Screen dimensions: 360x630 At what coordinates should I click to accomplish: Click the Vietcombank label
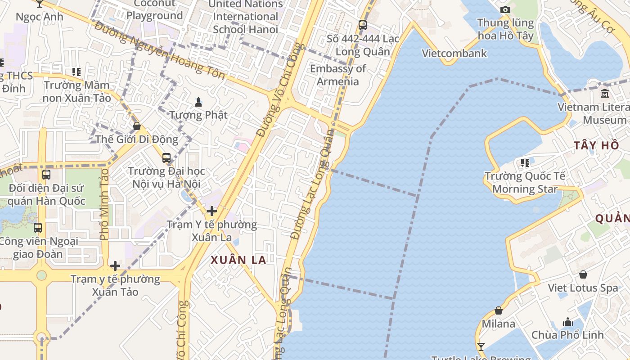point(454,54)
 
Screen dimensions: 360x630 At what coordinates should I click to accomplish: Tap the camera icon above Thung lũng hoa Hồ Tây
point(505,9)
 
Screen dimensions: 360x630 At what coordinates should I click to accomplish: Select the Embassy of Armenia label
point(338,75)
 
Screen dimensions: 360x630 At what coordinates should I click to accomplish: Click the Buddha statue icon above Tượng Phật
point(198,102)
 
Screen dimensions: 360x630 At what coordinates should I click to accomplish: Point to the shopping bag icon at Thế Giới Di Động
point(137,126)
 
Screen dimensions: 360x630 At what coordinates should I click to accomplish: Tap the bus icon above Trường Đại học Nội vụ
point(166,158)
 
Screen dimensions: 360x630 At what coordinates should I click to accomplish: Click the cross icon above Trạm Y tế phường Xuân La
point(211,211)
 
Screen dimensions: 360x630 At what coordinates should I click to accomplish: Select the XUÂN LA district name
point(238,260)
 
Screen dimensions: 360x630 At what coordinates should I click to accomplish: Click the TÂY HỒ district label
point(596,145)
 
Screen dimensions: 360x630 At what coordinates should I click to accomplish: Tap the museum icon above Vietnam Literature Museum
point(605,94)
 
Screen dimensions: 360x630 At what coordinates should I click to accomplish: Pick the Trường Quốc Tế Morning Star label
point(525,182)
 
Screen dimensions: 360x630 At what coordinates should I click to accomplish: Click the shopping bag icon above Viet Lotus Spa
point(583,274)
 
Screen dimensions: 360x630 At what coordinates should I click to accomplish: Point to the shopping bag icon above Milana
point(499,310)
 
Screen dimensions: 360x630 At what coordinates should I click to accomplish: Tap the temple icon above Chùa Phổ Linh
point(568,322)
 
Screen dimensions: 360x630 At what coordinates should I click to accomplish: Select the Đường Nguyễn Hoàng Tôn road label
point(160,50)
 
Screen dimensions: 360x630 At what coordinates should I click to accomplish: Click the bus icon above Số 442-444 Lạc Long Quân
point(362,25)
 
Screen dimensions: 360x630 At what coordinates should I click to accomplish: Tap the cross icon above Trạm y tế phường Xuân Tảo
point(115,266)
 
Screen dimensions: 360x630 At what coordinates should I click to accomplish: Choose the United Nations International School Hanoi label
point(246,17)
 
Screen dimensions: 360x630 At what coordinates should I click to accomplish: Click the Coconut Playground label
point(154,10)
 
